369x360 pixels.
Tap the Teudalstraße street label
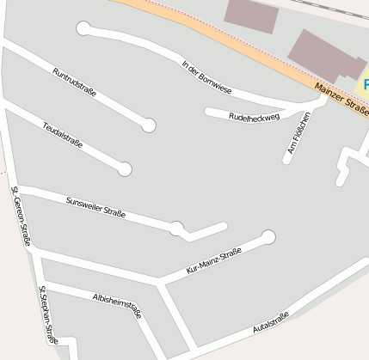[x=63, y=135]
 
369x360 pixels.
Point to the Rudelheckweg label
[x=255, y=116]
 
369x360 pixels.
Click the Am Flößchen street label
[x=298, y=136]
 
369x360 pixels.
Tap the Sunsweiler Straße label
[x=95, y=208]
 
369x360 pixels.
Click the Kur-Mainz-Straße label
[x=214, y=261]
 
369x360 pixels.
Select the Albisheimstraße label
[x=116, y=305]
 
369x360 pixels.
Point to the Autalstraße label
[x=271, y=323]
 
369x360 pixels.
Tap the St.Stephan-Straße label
[x=48, y=316]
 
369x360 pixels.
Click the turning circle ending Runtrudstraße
[x=149, y=125]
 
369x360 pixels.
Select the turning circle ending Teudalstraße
[x=125, y=169]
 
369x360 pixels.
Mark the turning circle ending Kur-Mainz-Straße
[x=268, y=236]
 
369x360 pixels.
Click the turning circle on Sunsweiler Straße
[x=176, y=228]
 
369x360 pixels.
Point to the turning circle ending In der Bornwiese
[x=83, y=28]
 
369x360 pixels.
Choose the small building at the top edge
[x=251, y=14]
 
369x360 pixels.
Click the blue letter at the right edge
[x=365, y=85]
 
